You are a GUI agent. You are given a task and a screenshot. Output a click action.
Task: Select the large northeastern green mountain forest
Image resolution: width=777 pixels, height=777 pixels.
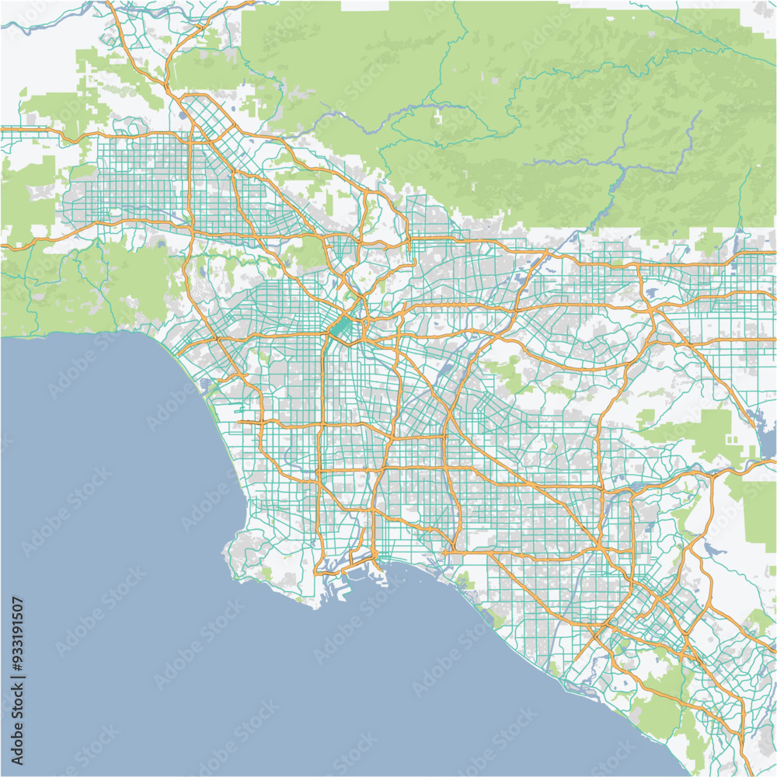pos(544,117)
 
